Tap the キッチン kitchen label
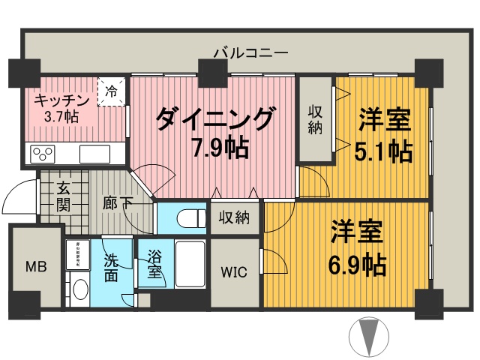(x=61, y=100)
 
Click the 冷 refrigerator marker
(x=111, y=93)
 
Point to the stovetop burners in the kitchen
(x=42, y=155)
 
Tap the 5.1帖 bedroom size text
(x=382, y=150)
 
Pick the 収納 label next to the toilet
(x=235, y=218)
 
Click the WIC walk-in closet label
(x=234, y=271)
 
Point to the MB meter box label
(x=35, y=267)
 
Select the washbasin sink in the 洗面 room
(x=78, y=289)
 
